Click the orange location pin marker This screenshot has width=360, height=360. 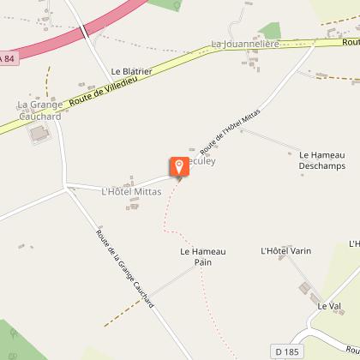click(179, 167)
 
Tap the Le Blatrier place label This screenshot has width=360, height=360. click(131, 71)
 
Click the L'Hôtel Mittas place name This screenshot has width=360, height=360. click(131, 191)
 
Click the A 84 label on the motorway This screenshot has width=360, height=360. click(8, 58)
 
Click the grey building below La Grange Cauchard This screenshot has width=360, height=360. click(39, 135)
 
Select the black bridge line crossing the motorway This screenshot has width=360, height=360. click(85, 33)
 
